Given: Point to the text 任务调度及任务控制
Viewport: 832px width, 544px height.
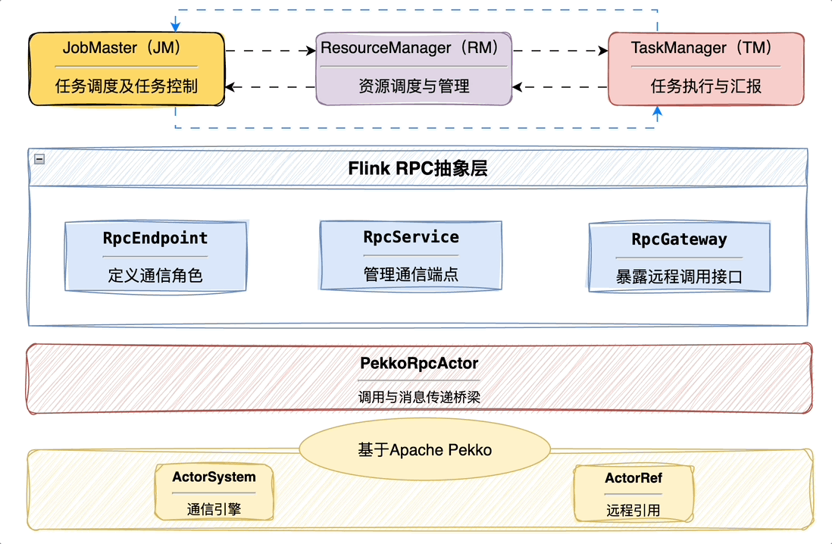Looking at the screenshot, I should tap(126, 86).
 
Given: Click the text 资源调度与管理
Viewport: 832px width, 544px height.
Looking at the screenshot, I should tap(414, 86).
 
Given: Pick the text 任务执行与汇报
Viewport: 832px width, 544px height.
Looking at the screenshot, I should tap(705, 86).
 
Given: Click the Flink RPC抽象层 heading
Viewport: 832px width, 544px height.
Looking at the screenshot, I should tap(418, 168).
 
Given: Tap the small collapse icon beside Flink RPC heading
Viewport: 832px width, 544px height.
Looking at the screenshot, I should tap(39, 159).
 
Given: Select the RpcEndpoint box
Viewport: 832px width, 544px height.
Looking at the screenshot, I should tap(155, 256).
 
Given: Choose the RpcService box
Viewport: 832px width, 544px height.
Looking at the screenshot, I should tap(411, 255).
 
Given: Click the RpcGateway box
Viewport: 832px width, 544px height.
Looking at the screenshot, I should tap(679, 258).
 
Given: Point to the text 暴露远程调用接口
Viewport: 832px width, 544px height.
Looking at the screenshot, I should tap(679, 277).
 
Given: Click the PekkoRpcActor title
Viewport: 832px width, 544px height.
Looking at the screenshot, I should tap(418, 364).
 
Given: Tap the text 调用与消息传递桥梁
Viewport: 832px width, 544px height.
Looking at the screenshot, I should tap(418, 396).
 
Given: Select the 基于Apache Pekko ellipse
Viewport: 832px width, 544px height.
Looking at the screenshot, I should tap(424, 450).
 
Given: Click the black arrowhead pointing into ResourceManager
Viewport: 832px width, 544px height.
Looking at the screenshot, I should tap(310, 52).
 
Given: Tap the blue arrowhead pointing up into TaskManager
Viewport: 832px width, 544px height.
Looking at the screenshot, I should tap(657, 113).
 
